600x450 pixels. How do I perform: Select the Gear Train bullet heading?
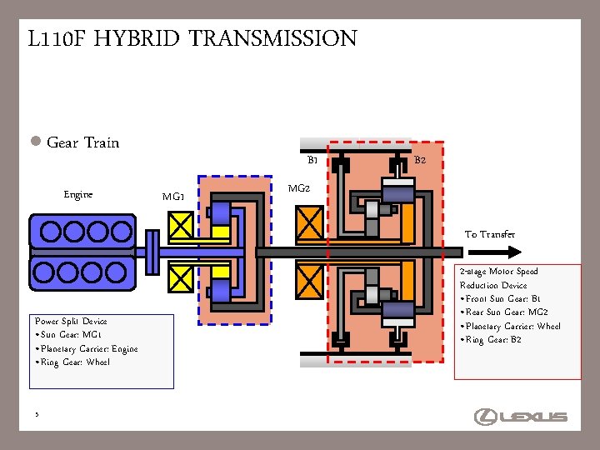pos(82,143)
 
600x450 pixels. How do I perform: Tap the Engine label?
pos(77,195)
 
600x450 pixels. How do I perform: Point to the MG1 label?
pos(173,197)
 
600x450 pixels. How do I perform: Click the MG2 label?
pos(298,188)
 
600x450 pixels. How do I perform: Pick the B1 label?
pos(312,160)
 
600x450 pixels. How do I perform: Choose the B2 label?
pos(420,160)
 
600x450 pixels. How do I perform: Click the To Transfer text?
pos(490,235)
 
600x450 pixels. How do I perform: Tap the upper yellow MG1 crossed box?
pos(181,226)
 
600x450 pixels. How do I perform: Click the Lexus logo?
pos(520,416)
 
